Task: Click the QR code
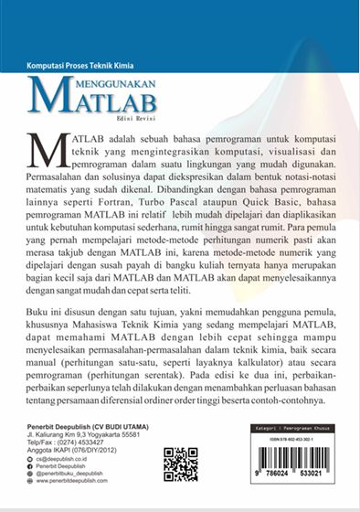(180, 464)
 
